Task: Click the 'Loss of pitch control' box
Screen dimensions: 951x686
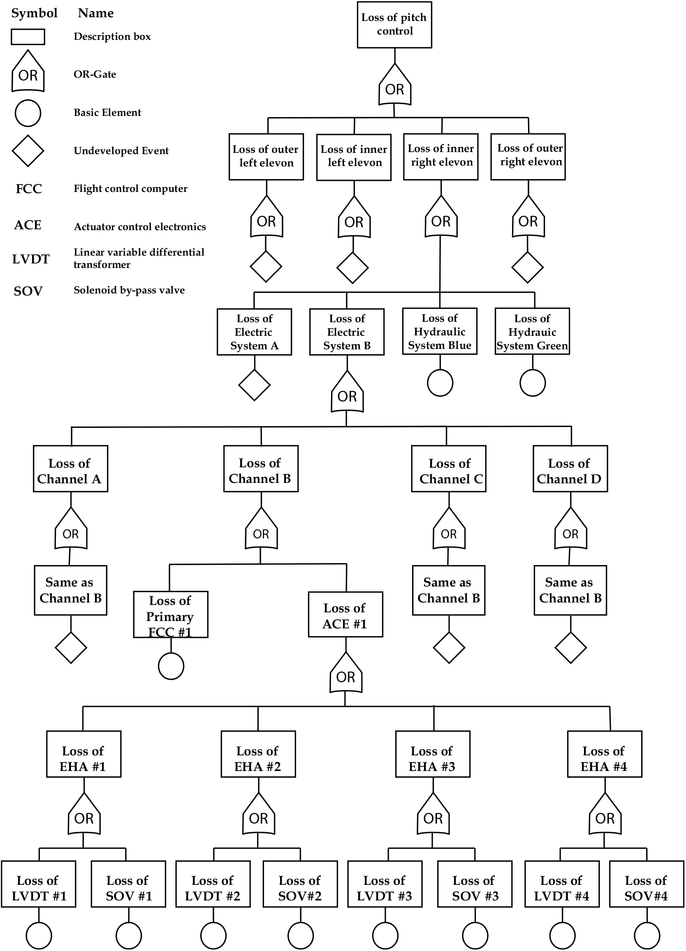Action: point(394,25)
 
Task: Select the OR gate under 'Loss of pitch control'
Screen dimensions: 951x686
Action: point(394,85)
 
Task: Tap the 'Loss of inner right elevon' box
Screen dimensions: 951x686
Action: point(440,157)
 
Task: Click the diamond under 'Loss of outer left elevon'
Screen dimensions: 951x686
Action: point(266,267)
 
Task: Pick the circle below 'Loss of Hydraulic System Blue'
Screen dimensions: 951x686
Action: point(440,383)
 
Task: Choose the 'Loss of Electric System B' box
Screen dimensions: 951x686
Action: point(347,332)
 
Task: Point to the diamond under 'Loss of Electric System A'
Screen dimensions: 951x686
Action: point(254,385)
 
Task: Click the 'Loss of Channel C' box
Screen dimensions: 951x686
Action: point(449,469)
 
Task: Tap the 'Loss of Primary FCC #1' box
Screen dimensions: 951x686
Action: point(170,614)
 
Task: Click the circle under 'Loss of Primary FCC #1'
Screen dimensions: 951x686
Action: point(171,666)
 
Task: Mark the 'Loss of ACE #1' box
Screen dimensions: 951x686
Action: point(345,614)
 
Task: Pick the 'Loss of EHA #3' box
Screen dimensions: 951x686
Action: point(433,754)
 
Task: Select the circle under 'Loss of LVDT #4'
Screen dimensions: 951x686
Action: point(562,935)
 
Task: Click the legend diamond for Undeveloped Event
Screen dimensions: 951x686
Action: point(28,150)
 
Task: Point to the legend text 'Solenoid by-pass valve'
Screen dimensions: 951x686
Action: point(129,290)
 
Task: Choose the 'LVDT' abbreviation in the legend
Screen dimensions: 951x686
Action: point(30,259)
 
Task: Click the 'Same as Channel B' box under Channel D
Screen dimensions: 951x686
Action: point(570,590)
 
